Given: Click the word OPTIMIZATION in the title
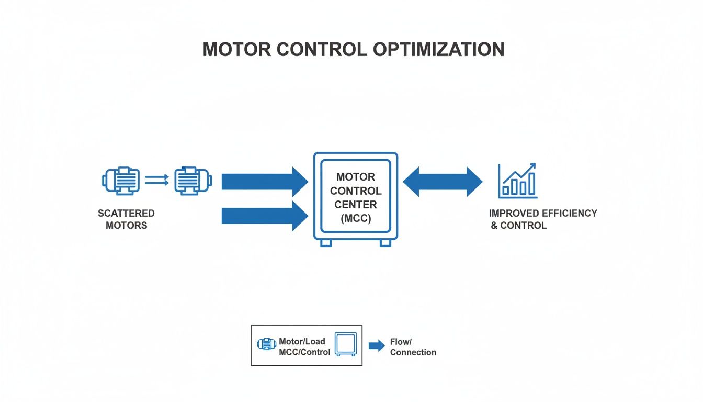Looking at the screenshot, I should (x=439, y=49).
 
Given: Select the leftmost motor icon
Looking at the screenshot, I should (x=120, y=181).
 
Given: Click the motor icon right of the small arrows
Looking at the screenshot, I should (x=193, y=181).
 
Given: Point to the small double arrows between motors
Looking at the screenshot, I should (x=156, y=181).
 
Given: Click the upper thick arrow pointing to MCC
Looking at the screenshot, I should (x=264, y=182).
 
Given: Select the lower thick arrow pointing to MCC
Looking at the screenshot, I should (x=264, y=216).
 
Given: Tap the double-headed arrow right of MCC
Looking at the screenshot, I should (x=443, y=182).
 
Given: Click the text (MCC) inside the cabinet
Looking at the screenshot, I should (x=356, y=219).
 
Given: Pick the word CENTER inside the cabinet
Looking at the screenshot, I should (x=356, y=205).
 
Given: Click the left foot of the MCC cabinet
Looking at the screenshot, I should (x=325, y=243).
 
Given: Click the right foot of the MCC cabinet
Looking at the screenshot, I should (x=385, y=243).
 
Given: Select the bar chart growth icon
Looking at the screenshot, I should (x=517, y=181).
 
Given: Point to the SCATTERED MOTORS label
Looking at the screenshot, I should (x=126, y=219).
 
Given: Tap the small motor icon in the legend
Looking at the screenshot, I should (x=266, y=344).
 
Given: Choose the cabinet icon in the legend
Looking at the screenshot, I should (x=345, y=344).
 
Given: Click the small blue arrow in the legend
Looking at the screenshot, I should (x=377, y=346).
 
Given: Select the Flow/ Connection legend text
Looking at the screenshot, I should (x=413, y=347).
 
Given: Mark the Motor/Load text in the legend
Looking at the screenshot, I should (x=302, y=341).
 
